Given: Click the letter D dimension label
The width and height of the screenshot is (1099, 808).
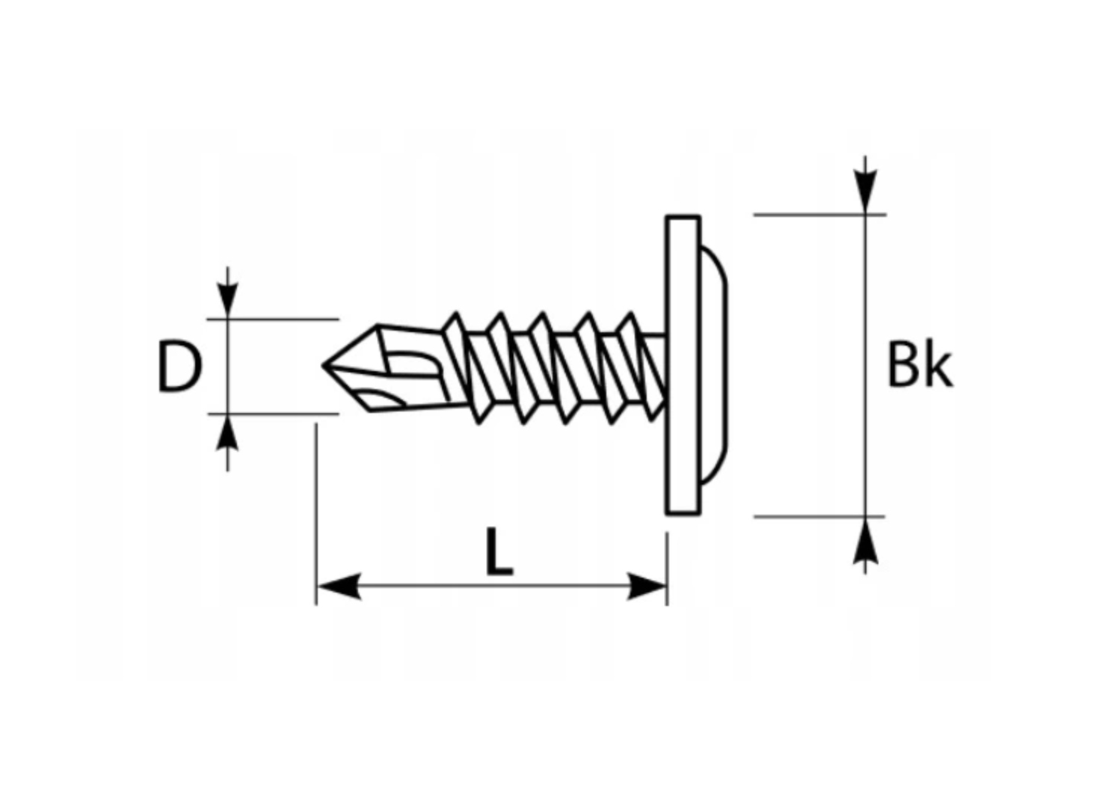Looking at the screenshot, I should (x=179, y=367).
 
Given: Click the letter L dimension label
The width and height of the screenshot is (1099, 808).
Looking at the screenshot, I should (x=499, y=552).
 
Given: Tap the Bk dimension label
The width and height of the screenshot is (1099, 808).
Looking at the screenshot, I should (x=919, y=366).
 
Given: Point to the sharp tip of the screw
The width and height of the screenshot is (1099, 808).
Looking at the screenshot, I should (x=326, y=366).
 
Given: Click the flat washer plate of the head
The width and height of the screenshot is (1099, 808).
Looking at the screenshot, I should (x=683, y=366).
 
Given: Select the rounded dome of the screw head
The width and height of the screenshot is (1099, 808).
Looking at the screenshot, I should (x=714, y=366).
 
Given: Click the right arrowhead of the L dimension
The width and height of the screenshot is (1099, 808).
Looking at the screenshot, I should (x=646, y=587).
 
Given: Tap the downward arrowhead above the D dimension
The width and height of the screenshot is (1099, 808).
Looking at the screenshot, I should (x=228, y=299).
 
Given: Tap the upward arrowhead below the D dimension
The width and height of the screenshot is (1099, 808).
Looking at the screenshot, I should (x=228, y=434).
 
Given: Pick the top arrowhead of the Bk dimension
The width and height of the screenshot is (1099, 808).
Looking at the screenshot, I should (x=865, y=192).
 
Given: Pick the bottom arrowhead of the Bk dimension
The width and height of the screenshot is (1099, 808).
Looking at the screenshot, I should (x=865, y=540).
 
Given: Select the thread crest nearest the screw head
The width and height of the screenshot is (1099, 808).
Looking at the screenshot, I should (x=632, y=320).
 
